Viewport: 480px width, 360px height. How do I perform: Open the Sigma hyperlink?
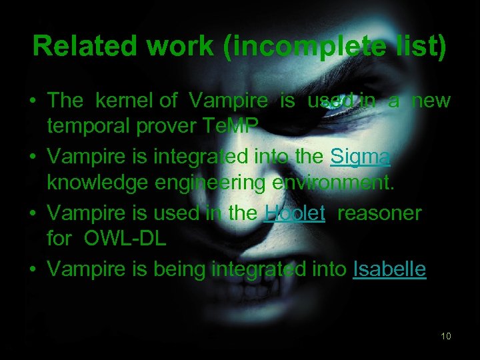pos(361,157)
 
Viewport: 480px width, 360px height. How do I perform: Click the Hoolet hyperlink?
pos(295,213)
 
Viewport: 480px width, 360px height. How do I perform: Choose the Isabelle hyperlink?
pos(389,269)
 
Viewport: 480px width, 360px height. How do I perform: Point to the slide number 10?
pos(445,335)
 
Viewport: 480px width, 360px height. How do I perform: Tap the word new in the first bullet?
pos(431,101)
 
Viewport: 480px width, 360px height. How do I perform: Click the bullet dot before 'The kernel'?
pos(33,101)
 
